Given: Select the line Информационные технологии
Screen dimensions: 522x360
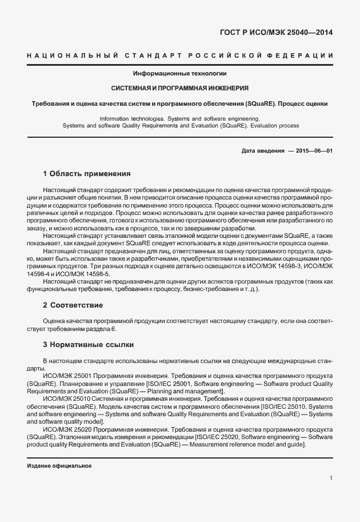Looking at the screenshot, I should [180, 74].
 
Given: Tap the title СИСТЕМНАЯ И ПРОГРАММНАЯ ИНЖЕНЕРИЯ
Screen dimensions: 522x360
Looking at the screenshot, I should [179, 89].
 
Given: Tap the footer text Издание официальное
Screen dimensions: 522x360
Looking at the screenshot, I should [59, 466].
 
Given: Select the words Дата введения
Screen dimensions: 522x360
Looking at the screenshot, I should [263, 150].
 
